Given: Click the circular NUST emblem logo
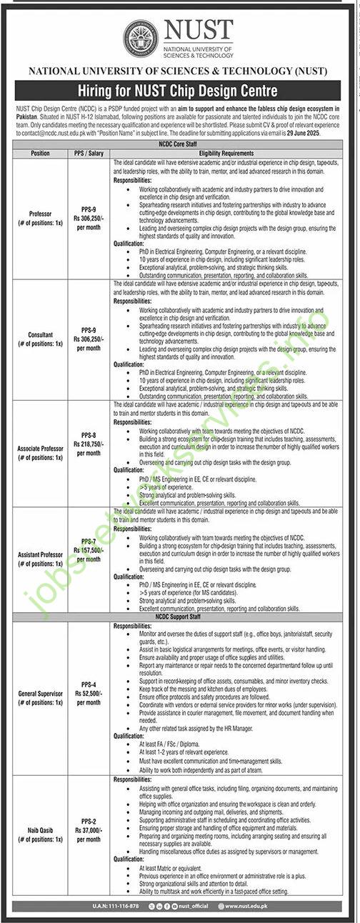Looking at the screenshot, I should point(141,39).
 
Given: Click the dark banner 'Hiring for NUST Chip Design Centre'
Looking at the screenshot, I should point(180,91).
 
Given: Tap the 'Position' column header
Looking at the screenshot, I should point(39,154).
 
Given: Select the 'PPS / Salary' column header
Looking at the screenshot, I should point(89,154).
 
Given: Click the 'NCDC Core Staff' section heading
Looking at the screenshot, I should point(180,145).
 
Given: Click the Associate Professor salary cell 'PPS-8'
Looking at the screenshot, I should point(89,434).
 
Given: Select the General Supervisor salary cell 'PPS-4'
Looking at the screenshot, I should point(89,682).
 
